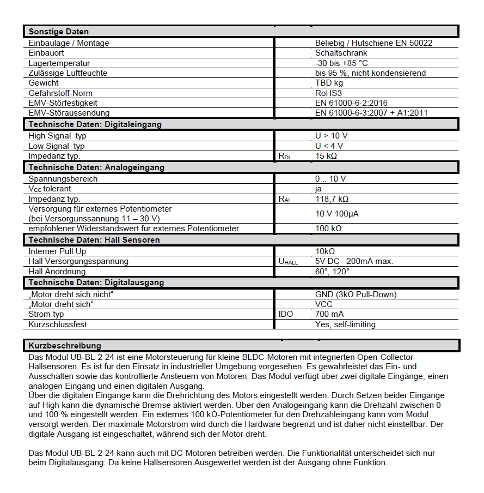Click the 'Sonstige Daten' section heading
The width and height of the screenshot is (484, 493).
point(58,32)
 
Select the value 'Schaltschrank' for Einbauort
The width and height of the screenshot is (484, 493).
point(341,53)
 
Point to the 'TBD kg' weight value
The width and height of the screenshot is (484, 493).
point(329,83)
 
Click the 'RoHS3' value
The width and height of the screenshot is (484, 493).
point(327,93)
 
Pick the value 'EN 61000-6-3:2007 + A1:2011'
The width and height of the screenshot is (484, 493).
point(371,113)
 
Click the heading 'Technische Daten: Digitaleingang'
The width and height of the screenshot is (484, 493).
point(95,124)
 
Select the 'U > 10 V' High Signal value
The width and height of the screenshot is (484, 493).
point(331,136)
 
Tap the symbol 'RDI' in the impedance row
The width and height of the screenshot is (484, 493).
point(284,156)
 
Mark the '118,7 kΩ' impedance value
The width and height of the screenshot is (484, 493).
point(332,199)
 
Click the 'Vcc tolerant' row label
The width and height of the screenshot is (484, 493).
point(50,189)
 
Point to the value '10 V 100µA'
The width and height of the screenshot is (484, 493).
point(337,214)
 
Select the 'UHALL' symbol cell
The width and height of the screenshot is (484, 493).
point(288,262)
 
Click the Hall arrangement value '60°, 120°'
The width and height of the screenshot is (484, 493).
point(332,272)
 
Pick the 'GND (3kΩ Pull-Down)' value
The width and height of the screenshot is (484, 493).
point(356,294)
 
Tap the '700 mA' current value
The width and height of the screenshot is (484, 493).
point(329,314)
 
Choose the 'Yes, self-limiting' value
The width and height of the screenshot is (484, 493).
point(345,324)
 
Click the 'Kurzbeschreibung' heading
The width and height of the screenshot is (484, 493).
point(64,346)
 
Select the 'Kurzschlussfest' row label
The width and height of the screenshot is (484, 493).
point(58,324)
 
